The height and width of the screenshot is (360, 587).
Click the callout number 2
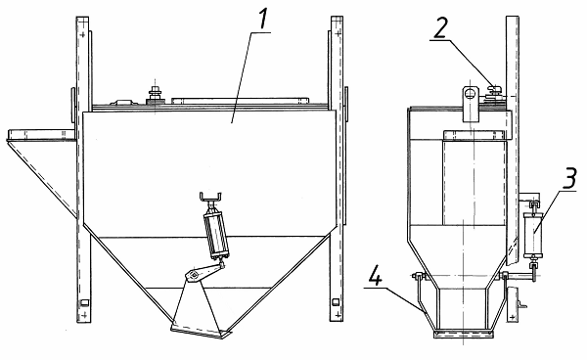(x=440, y=27)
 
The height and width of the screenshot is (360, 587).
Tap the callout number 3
(x=569, y=178)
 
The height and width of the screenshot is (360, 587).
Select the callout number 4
(x=375, y=277)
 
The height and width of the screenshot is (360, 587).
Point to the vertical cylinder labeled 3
(x=533, y=235)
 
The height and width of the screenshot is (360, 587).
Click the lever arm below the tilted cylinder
(x=204, y=272)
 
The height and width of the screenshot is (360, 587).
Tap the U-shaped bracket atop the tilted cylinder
(x=210, y=197)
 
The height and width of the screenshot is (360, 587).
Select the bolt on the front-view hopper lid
(x=155, y=94)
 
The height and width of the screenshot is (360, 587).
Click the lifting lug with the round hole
(x=471, y=104)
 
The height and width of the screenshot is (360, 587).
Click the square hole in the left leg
(x=84, y=302)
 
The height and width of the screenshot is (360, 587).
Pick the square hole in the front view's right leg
(x=336, y=301)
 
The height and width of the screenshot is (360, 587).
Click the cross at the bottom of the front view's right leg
(x=339, y=315)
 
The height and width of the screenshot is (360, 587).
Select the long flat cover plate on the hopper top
(x=241, y=101)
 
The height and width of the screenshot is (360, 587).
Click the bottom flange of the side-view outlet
(x=463, y=335)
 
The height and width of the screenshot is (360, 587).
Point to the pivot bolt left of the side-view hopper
(x=417, y=276)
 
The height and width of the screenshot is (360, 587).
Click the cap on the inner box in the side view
(x=473, y=135)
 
